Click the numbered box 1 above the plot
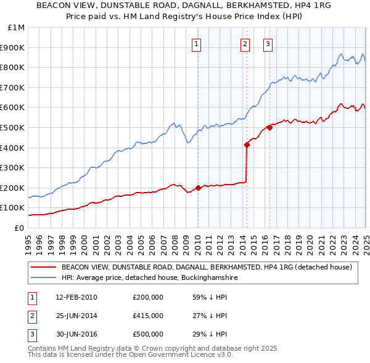point(196,43)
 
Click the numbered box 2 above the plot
point(245,43)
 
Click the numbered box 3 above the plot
point(268,43)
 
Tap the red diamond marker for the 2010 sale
point(198,188)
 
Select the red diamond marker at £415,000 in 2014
point(247,145)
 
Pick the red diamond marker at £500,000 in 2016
point(269,128)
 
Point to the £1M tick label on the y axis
point(16,28)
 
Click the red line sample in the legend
point(43,268)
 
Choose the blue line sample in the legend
point(43,278)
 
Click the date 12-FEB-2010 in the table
point(76,297)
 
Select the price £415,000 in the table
point(148,316)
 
